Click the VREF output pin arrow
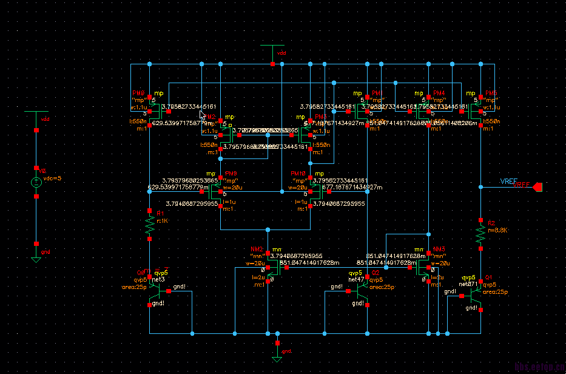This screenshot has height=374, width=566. pyautogui.click(x=537, y=188)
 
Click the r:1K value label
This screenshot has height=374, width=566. pyautogui.click(x=163, y=221)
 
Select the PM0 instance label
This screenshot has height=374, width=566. pyautogui.click(x=138, y=94)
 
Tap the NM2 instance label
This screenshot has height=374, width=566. pyautogui.click(x=257, y=250)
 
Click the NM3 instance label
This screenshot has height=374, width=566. pyautogui.click(x=439, y=250)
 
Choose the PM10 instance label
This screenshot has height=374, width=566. pyautogui.click(x=298, y=174)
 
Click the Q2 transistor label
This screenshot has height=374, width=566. pyautogui.click(x=376, y=273)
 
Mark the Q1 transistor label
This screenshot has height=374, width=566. pyautogui.click(x=488, y=277)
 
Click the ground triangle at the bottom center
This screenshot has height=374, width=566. pyautogui.click(x=277, y=359)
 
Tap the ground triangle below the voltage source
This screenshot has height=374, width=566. pyautogui.click(x=36, y=259)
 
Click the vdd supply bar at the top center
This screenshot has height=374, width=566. pyautogui.click(x=272, y=46)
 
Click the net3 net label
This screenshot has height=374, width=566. pyautogui.click(x=158, y=279)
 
